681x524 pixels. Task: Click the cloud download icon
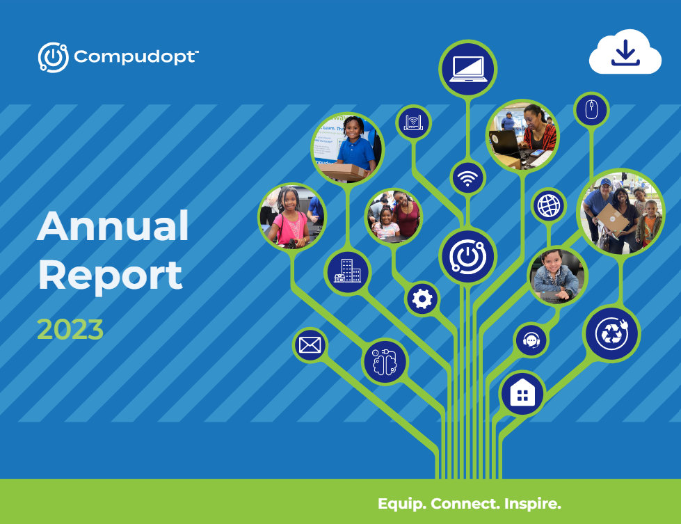(x=625, y=52)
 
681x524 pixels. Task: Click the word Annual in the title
(x=113, y=225)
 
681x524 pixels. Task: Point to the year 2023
(x=70, y=329)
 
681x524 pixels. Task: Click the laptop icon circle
(x=467, y=69)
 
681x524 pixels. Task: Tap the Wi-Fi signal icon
(x=468, y=178)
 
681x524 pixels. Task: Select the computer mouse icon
(x=591, y=110)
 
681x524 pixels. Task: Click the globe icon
(x=549, y=206)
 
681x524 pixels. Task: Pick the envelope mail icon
(x=310, y=344)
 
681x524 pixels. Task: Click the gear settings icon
(x=422, y=299)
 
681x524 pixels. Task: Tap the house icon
(x=522, y=393)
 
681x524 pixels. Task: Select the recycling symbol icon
(x=611, y=334)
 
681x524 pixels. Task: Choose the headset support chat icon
(x=531, y=340)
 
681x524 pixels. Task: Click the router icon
(x=414, y=124)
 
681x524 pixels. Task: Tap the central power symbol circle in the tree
(x=467, y=255)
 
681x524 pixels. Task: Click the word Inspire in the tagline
(x=531, y=503)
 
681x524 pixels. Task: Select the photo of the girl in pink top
(x=291, y=216)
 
